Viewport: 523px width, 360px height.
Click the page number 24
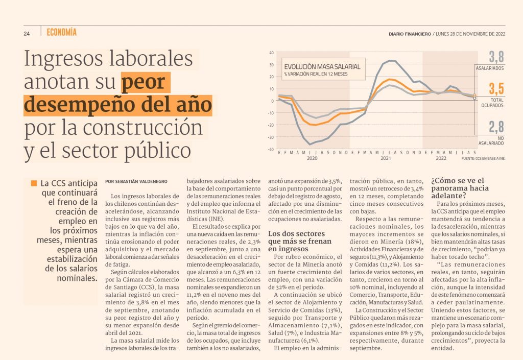(x=27, y=34)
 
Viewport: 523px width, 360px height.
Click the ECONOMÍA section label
(x=61, y=33)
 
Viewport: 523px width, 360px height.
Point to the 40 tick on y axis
(x=272, y=52)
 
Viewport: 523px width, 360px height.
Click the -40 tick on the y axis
(x=271, y=149)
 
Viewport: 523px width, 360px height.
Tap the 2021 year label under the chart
(x=385, y=158)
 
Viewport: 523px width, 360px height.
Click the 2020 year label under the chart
(x=313, y=158)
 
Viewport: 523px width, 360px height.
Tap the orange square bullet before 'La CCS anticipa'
(x=34, y=183)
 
